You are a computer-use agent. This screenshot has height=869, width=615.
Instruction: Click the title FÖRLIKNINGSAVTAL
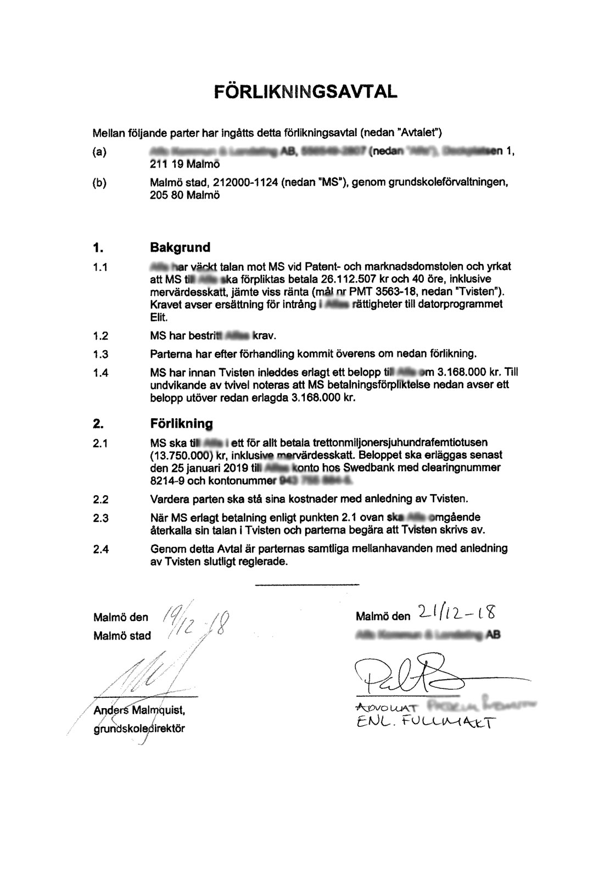[x=306, y=91]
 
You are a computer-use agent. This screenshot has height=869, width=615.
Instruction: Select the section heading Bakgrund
[x=180, y=247]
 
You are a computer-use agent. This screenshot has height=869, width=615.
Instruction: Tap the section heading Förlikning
[x=181, y=423]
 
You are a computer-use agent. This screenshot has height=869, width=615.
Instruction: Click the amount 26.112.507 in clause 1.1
[x=348, y=279]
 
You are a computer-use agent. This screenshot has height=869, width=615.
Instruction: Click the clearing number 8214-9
[x=166, y=481]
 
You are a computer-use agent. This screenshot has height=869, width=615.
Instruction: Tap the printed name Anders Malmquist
[x=139, y=711]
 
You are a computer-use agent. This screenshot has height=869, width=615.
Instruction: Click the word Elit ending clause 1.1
[x=158, y=317]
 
